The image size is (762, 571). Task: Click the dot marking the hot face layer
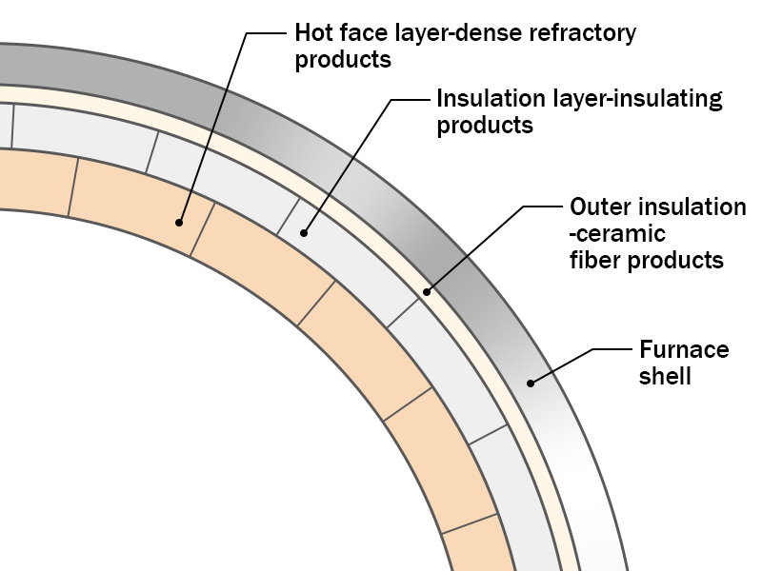[x=179, y=223]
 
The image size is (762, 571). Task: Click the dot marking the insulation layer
[x=304, y=231]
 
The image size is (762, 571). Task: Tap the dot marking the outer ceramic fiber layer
[x=427, y=291]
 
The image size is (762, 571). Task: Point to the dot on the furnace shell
[x=530, y=383]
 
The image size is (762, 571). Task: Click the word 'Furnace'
[x=685, y=349]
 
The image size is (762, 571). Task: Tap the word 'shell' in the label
[x=666, y=376]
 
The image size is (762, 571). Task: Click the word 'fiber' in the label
[x=595, y=259]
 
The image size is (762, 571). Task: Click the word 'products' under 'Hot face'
[x=343, y=60]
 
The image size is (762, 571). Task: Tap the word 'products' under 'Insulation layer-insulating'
[x=484, y=125]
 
